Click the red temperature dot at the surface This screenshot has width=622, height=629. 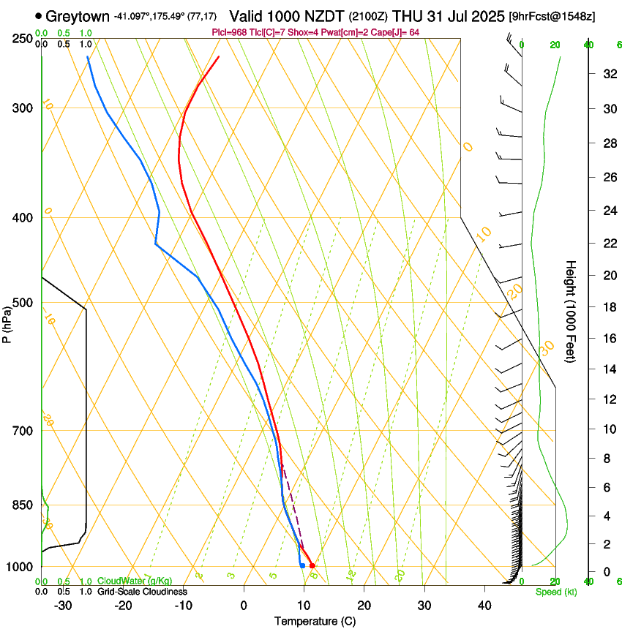312,565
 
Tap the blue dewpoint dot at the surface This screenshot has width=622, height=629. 302,565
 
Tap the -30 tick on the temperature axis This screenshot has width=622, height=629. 63,605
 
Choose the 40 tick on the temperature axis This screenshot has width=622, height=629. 484,605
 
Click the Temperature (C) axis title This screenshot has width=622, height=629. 315,621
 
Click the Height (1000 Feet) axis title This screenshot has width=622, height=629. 571,311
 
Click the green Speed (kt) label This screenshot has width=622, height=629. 556,592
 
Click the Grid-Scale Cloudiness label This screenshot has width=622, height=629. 142,592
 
